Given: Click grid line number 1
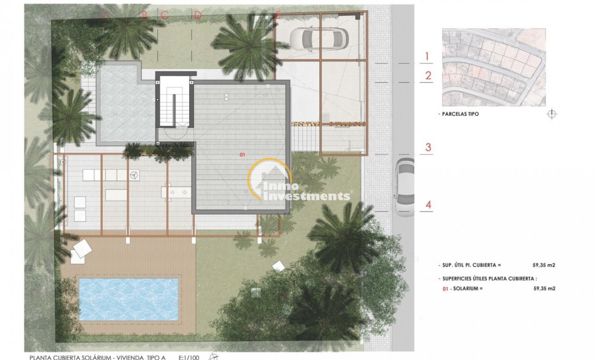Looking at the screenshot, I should point(427,57).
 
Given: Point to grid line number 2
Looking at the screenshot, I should point(428,76).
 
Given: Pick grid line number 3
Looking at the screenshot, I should point(428,148).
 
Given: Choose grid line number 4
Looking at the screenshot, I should point(428,205).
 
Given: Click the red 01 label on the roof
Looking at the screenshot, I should point(243,155).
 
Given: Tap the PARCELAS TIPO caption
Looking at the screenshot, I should point(458,114).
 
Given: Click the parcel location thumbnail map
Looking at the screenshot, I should point(493,67).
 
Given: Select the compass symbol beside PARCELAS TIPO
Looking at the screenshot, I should point(551,114).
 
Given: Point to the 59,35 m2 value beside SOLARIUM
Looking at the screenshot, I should point(544,288).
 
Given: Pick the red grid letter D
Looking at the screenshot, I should point(198,15).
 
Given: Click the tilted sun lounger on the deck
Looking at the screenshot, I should point(82,249).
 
